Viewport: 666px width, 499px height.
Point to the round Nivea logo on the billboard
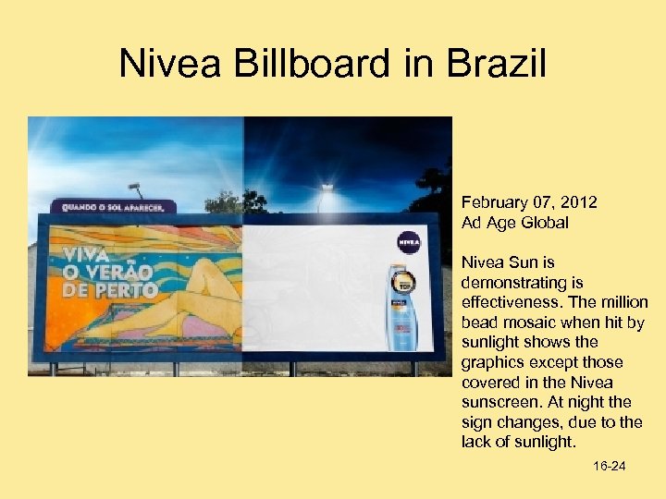point(408,243)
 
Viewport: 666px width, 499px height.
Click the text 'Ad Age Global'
point(514,223)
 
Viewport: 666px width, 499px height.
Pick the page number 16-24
point(609,467)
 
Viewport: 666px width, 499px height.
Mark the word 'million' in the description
point(625,302)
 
